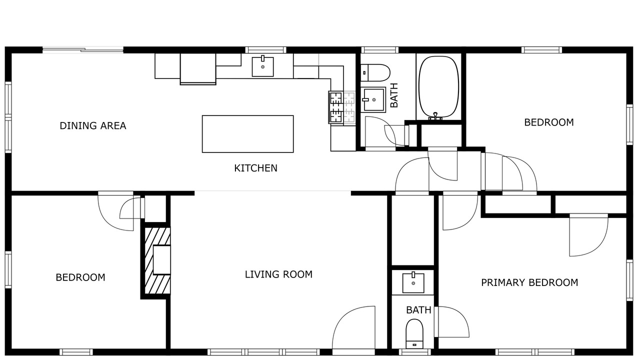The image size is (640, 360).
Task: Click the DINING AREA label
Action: pos(93,125)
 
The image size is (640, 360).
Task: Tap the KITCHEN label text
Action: pos(255,168)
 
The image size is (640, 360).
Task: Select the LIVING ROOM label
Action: pos(278,274)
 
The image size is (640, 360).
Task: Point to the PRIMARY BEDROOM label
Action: pos(529,283)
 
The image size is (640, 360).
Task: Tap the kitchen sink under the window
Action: pos(262,66)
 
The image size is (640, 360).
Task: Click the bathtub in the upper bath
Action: pos(438,87)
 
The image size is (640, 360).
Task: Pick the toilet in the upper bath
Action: pos(375,72)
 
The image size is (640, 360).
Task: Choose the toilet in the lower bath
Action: pos(414,334)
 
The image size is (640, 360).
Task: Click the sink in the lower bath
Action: pos(413,283)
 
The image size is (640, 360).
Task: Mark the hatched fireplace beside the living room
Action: pos(157,260)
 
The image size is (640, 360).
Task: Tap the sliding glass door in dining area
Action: pos(83,50)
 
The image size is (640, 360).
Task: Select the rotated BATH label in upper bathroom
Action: pos(394,95)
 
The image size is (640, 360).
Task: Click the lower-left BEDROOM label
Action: pos(80,277)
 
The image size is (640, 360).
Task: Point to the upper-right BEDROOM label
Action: pos(549,122)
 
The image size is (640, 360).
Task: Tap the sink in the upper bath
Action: pos(373,99)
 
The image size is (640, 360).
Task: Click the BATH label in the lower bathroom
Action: pos(418,310)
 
